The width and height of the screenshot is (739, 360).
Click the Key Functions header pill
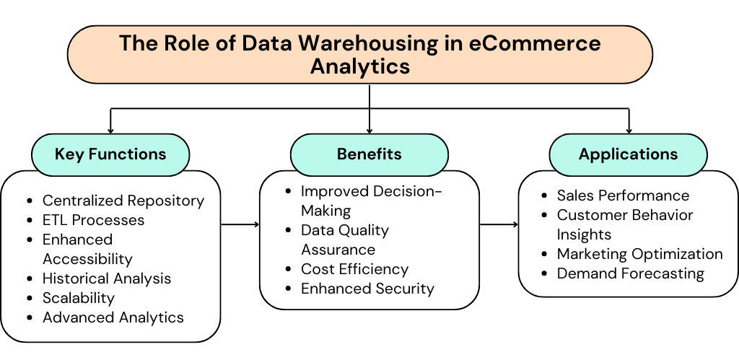coord(110,154)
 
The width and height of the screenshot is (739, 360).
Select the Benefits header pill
coord(369,154)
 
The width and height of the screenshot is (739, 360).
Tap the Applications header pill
coord(628,154)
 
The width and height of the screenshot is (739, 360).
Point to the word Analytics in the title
coord(360,66)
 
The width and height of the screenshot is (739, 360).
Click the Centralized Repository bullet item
coord(123,201)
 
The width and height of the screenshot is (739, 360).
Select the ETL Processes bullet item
coord(93,220)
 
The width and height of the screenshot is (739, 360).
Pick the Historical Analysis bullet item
coord(107,278)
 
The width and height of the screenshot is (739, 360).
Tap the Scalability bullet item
coord(79,297)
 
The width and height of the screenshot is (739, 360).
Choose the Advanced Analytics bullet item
coord(113,317)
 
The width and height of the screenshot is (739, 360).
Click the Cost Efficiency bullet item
coord(354,269)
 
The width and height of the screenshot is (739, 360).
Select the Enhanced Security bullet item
coord(367,289)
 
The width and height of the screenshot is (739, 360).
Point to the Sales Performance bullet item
coord(623,196)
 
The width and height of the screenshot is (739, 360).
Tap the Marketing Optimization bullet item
coord(639,254)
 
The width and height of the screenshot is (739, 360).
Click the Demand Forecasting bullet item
coord(630,273)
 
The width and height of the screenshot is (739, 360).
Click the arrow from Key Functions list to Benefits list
coord(240,224)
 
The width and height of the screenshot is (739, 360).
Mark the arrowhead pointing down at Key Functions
coord(110,130)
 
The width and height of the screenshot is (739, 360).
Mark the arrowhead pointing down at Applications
coord(629,130)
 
